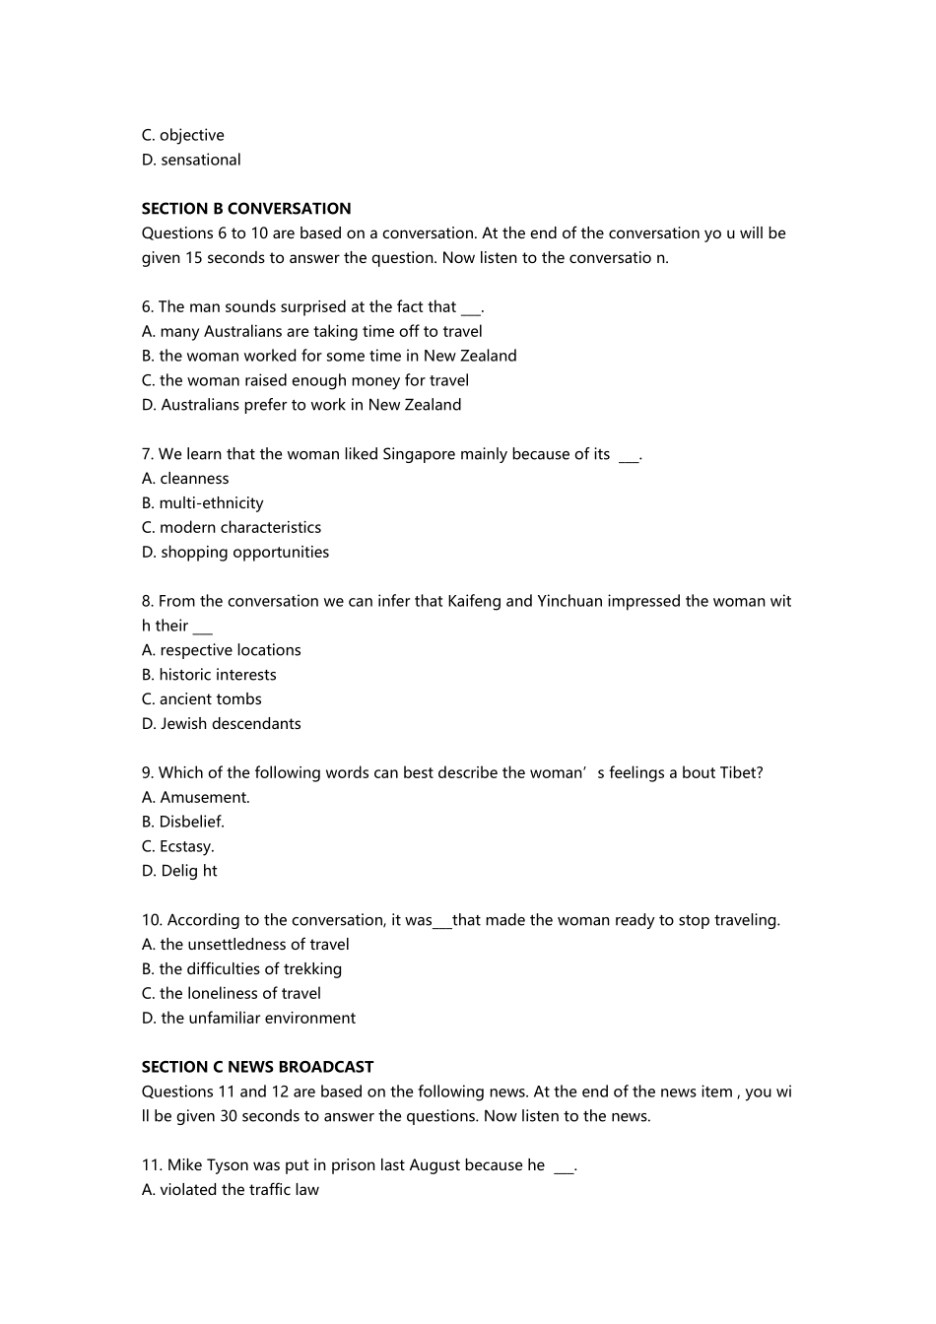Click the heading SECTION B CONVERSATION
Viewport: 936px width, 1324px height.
[x=245, y=209]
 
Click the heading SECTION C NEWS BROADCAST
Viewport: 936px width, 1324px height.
[x=257, y=1067]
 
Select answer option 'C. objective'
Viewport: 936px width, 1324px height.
[x=183, y=136]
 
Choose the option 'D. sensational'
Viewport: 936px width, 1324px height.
[x=191, y=160]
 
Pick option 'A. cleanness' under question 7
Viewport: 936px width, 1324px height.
[x=185, y=479]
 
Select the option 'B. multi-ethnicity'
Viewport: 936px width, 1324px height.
[x=202, y=503]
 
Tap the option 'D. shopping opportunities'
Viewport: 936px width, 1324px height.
[x=235, y=553]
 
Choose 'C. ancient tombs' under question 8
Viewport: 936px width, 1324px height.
[x=202, y=699]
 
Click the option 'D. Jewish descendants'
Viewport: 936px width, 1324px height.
[x=222, y=724]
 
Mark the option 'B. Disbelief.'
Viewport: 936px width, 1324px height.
[x=183, y=822]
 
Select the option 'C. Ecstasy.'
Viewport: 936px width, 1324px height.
[x=177, y=846]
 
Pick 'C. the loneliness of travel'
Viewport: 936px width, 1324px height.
[x=232, y=994]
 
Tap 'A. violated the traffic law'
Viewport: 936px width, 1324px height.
[x=231, y=1190]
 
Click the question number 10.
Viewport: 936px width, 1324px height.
[x=152, y=920]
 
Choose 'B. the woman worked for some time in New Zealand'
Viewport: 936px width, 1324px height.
[x=329, y=357]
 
